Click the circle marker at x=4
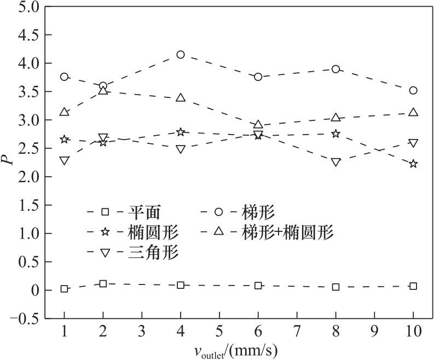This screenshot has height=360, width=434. [181, 54]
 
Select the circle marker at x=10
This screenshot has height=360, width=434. [413, 90]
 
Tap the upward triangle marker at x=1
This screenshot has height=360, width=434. [65, 112]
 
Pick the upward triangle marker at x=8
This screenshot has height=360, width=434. [335, 117]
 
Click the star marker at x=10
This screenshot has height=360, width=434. [413, 164]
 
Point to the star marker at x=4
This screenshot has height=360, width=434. [181, 132]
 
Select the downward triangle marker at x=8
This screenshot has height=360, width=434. [335, 162]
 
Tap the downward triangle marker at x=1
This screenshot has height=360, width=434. [65, 161]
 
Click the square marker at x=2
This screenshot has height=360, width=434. [103, 283]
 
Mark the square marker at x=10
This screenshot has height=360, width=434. [413, 286]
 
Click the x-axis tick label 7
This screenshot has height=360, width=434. [297, 333]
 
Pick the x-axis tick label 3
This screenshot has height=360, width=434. [142, 333]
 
